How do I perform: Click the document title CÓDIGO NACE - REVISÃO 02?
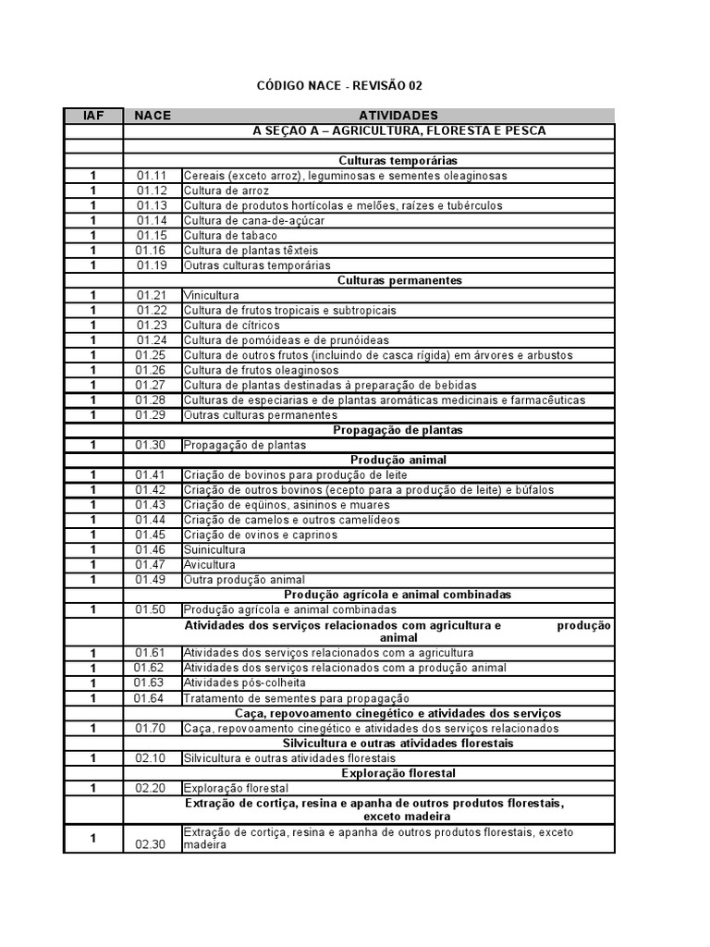pyautogui.click(x=338, y=86)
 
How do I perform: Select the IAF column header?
pyautogui.click(x=93, y=116)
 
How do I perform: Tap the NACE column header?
pyautogui.click(x=153, y=116)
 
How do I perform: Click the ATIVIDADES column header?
pyautogui.click(x=398, y=116)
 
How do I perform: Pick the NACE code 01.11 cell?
pyautogui.click(x=152, y=176)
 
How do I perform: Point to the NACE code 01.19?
pyautogui.click(x=152, y=265)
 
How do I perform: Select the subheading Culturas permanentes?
pyautogui.click(x=399, y=280)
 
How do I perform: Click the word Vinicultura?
pyautogui.click(x=211, y=296)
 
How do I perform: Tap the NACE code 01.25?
pyautogui.click(x=152, y=355)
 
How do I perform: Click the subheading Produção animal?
pyautogui.click(x=398, y=460)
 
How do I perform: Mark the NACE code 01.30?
pyautogui.click(x=152, y=445)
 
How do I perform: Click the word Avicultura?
pyautogui.click(x=209, y=564)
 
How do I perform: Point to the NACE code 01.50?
pyautogui.click(x=152, y=609)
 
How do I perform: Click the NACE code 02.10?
pyautogui.click(x=152, y=758)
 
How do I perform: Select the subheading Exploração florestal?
pyautogui.click(x=398, y=773)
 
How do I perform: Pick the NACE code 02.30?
pyautogui.click(x=152, y=844)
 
